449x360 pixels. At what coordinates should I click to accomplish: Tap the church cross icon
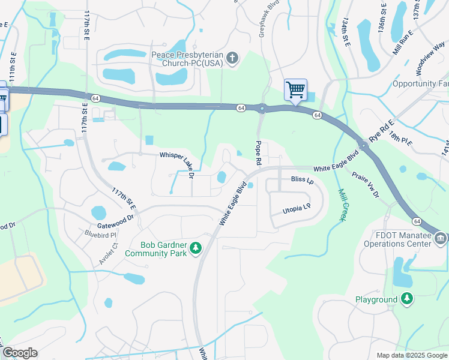coord(232,58)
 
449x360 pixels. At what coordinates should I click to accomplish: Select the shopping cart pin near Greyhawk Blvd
coord(295,91)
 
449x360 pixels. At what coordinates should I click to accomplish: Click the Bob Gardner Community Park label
coord(156,249)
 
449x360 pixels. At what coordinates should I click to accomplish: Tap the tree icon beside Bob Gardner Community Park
coord(195,248)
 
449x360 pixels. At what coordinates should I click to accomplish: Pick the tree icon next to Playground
coord(407,299)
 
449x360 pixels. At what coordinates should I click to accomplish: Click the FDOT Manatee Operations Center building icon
coord(440,239)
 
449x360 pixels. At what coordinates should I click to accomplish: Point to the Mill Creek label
coord(342,205)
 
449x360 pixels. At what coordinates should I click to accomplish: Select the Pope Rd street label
coord(259,153)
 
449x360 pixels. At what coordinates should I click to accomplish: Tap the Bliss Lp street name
coord(302,179)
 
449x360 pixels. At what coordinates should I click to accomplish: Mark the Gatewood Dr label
coord(115,221)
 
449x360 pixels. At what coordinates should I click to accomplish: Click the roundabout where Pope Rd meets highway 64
coord(262,109)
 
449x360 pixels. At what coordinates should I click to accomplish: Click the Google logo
coord(19,353)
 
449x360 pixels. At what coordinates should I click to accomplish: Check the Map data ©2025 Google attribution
coord(411,355)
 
